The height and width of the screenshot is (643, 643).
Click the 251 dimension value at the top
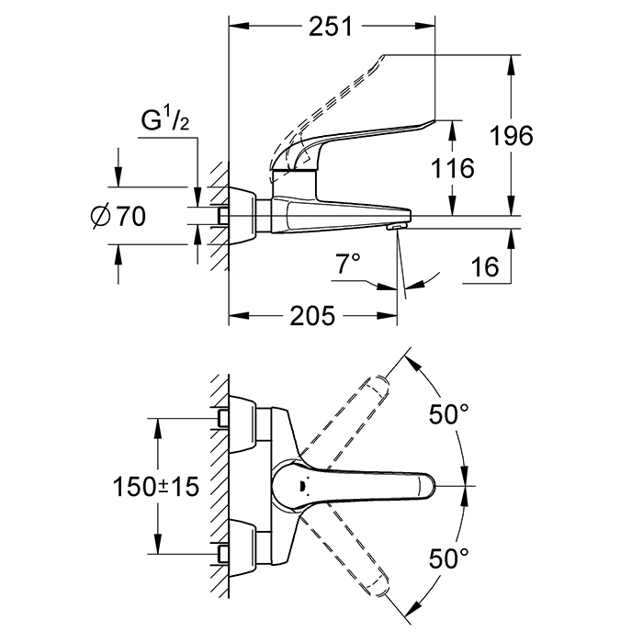coord(330,27)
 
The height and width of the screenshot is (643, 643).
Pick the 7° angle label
coord(349,265)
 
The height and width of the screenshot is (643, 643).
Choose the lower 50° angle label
coord(450,557)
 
